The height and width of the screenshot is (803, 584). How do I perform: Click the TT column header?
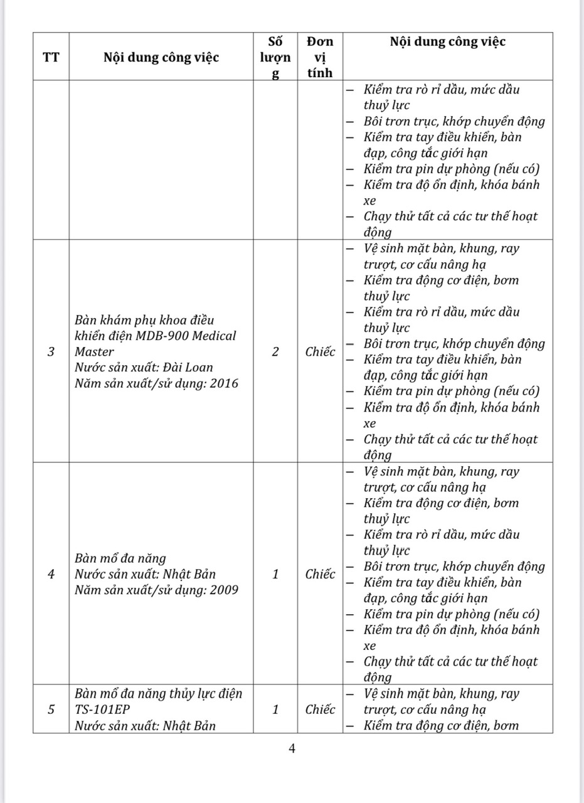click(51, 58)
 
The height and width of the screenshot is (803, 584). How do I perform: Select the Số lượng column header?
click(275, 57)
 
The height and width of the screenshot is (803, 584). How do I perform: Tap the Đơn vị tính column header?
click(320, 57)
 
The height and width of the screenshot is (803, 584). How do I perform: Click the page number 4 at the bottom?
click(292, 748)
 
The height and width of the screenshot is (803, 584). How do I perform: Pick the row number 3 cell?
click(51, 352)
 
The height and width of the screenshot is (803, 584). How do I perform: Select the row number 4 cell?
click(51, 574)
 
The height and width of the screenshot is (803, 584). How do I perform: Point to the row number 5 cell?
click(51, 710)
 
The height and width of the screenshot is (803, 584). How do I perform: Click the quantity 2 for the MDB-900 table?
click(275, 352)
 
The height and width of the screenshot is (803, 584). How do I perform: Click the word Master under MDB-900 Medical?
click(94, 352)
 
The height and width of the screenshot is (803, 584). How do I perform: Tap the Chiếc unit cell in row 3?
click(320, 352)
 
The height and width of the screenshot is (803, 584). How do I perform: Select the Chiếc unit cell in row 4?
click(320, 574)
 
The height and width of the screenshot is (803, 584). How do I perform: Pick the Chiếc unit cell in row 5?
click(320, 710)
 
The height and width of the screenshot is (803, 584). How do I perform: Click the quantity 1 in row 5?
click(275, 710)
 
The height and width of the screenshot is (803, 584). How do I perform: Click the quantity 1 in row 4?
click(275, 574)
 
